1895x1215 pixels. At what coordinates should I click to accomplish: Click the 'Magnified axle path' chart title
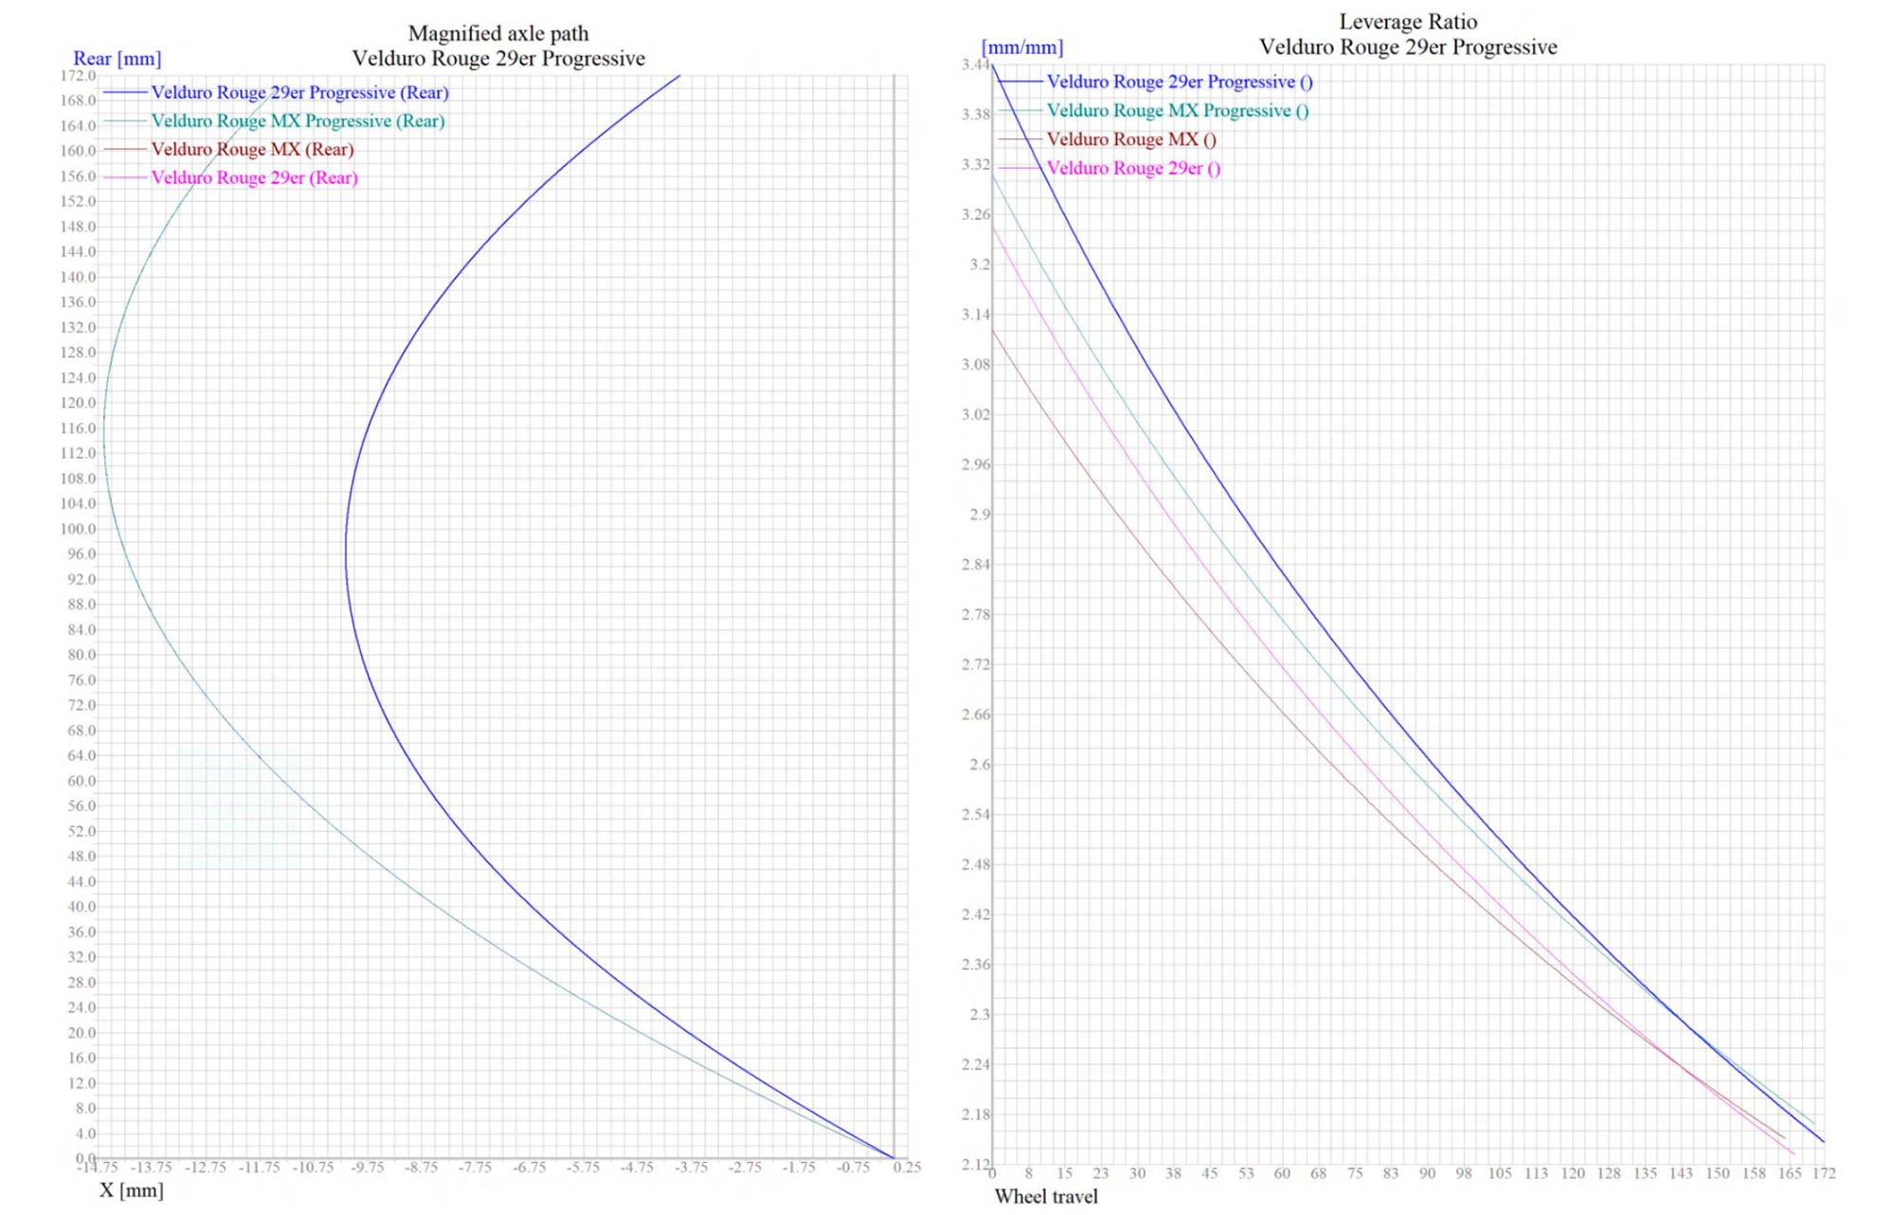tap(498, 33)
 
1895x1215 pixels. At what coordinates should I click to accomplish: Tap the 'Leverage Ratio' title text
tap(1407, 22)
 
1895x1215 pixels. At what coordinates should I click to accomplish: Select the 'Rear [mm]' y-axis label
tap(117, 59)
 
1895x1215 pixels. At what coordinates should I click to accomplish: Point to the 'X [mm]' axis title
tap(132, 1190)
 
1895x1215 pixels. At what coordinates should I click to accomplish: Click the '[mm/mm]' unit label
tap(1021, 47)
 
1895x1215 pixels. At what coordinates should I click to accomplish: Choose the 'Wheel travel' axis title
tap(1046, 1197)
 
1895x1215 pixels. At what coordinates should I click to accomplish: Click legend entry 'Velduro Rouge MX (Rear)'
tap(252, 150)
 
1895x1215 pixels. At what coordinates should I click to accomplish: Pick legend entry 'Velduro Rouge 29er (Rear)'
tap(254, 178)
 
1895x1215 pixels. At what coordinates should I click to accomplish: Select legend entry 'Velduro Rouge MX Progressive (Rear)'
tap(298, 121)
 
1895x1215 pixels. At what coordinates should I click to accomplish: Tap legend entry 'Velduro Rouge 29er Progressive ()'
tap(1179, 82)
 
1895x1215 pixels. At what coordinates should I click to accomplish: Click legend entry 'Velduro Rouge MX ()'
tap(1130, 139)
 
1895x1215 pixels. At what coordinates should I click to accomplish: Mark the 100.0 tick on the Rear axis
tap(78, 529)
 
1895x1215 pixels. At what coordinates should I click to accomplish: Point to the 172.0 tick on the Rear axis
tap(78, 75)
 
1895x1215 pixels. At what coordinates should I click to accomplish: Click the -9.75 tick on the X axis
tap(368, 1168)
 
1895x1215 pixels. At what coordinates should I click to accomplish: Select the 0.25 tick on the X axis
tap(907, 1168)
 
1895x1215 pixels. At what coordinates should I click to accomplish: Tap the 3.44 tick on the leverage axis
tap(975, 64)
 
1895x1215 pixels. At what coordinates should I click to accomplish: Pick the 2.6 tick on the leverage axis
tap(979, 765)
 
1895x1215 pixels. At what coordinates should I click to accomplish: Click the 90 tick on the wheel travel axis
tap(1427, 1173)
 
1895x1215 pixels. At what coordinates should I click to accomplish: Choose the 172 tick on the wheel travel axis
tap(1824, 1173)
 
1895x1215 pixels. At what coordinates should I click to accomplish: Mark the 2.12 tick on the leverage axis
tap(975, 1164)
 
